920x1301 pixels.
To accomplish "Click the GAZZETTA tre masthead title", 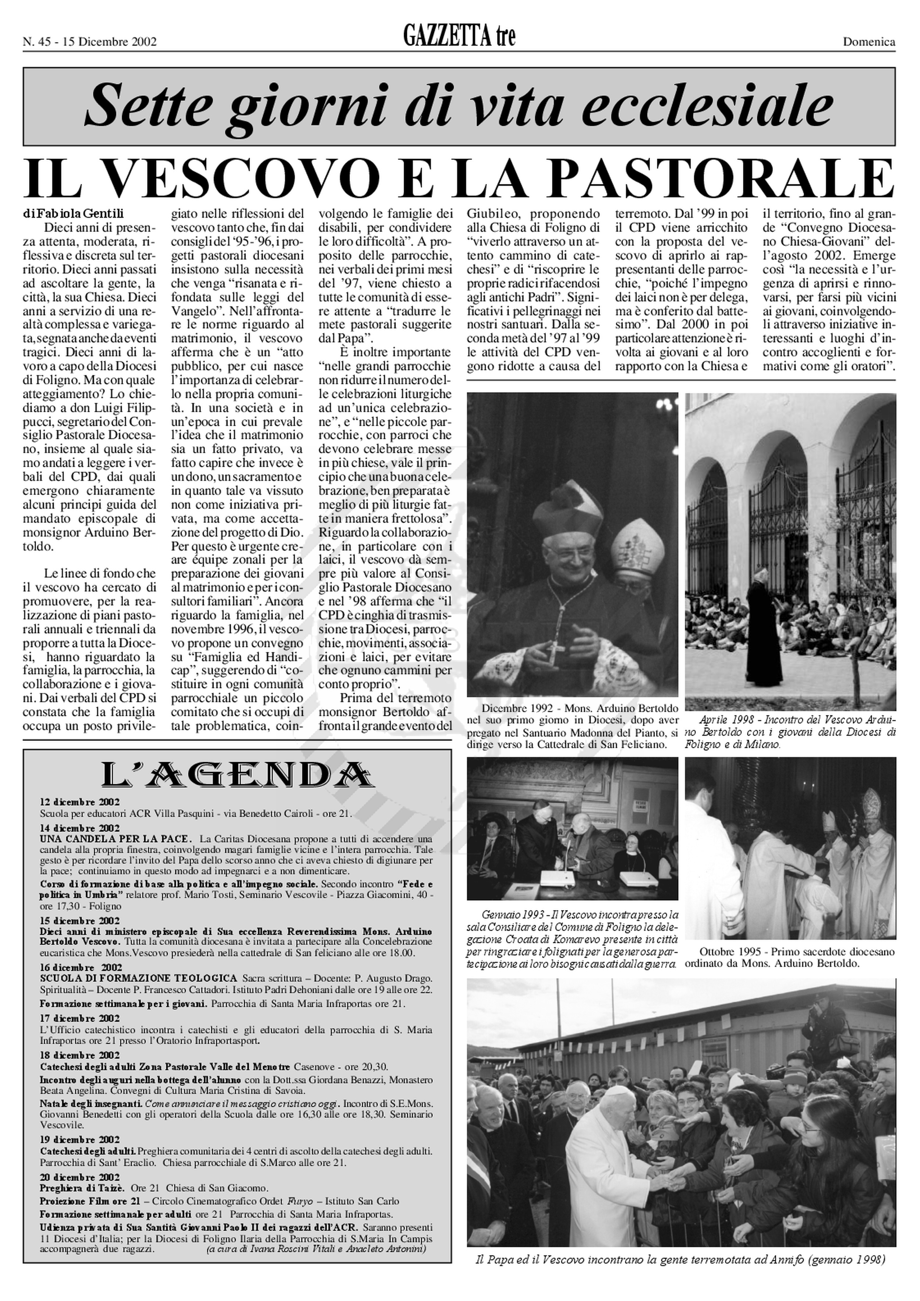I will pyautogui.click(x=459, y=38).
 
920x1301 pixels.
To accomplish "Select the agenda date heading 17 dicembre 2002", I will pyautogui.click(x=80, y=1018).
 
